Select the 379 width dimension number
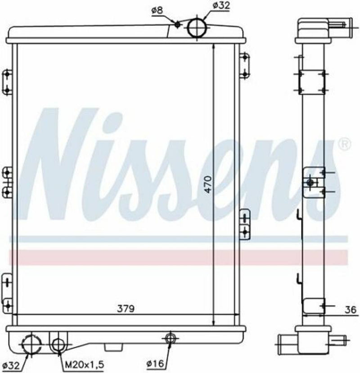point(126,309)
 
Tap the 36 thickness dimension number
point(351,309)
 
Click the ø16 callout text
point(156,364)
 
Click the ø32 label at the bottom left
point(12,364)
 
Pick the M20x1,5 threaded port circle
point(58,345)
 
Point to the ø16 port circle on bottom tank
point(170,338)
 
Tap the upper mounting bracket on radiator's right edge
point(244,65)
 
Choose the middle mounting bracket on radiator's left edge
point(7,182)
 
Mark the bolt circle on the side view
point(310,182)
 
